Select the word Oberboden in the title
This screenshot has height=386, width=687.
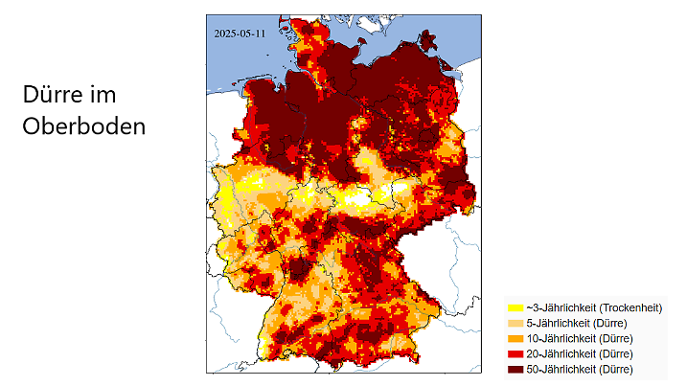[x=84, y=125]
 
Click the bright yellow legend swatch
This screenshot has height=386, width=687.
[x=515, y=308]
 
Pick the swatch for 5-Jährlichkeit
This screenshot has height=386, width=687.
[x=515, y=324]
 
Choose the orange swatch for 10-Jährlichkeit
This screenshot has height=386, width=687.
[x=515, y=339]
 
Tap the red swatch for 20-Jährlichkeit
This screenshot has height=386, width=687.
[x=515, y=354]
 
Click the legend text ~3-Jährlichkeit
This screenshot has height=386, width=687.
[x=560, y=308]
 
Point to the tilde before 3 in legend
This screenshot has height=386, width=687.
[x=528, y=308]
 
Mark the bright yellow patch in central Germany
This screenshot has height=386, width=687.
[x=362, y=200]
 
